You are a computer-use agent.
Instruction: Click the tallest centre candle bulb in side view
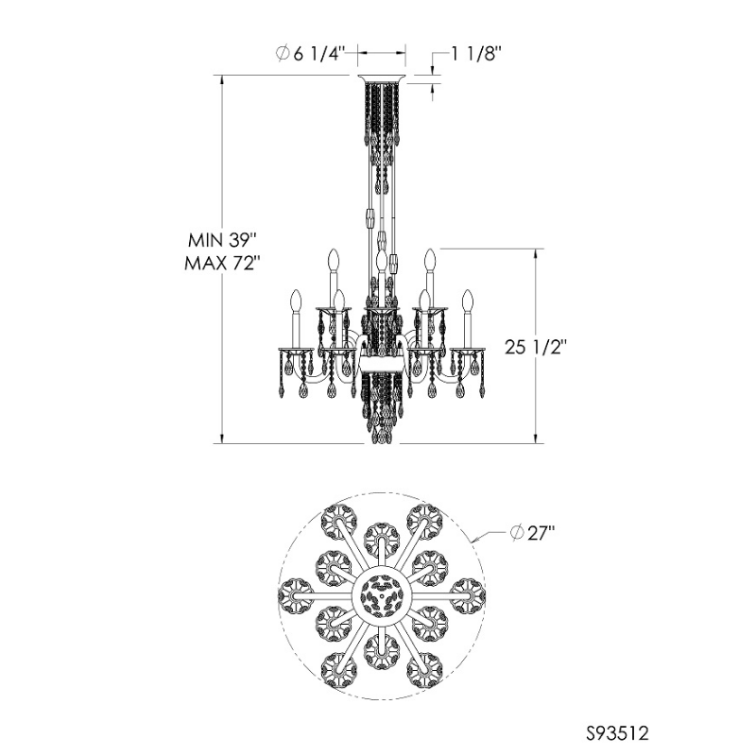coord(380,259)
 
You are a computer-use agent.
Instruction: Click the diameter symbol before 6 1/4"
coord(283,55)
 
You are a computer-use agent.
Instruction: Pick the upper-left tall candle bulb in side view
coord(333,258)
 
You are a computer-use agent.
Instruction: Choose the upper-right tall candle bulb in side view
coord(428,258)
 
